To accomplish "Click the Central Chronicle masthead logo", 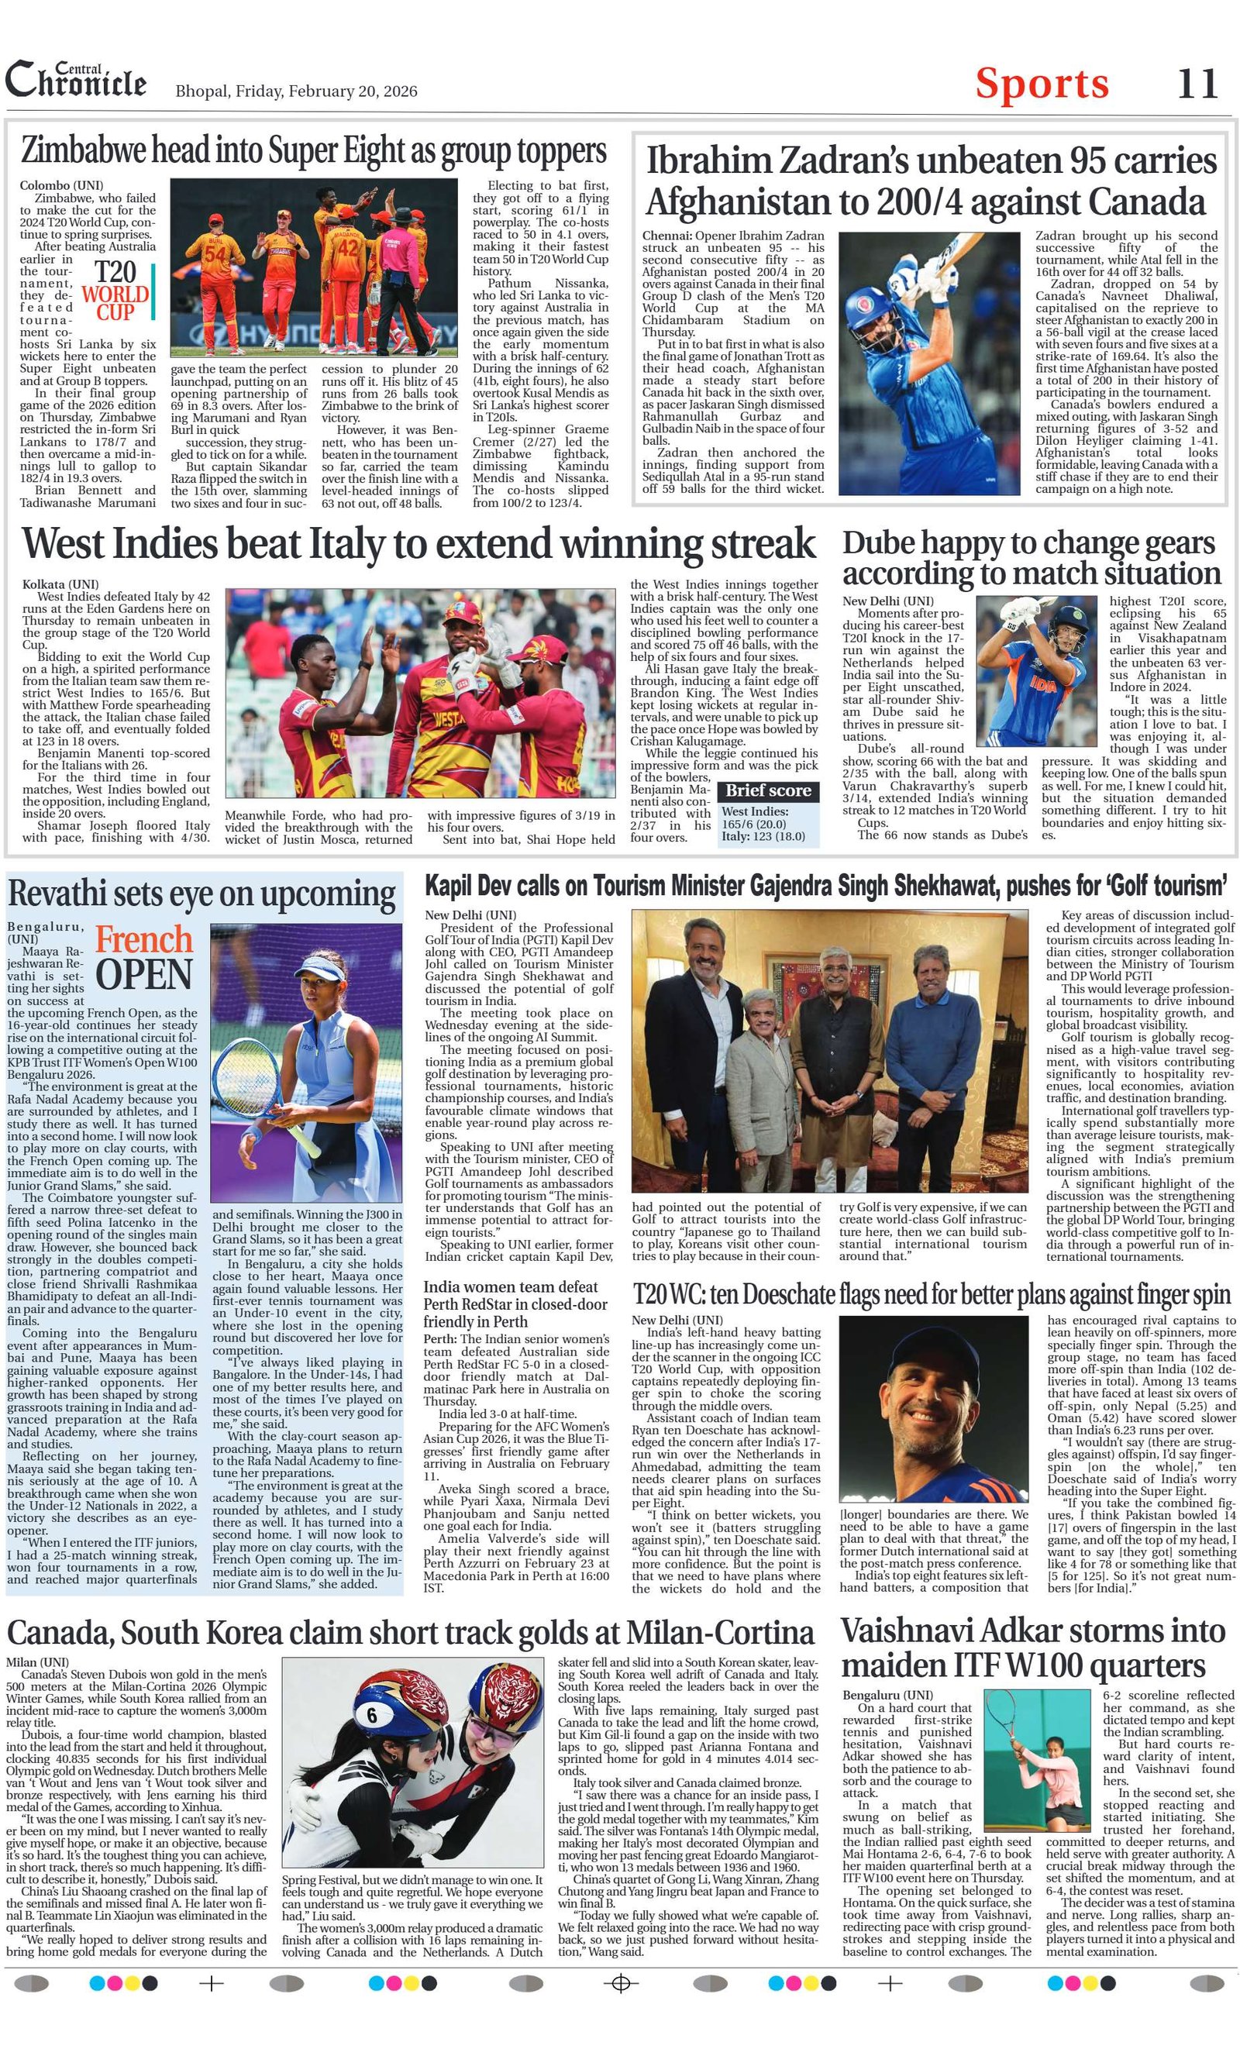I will click(76, 81).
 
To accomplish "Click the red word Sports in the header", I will click(1042, 83).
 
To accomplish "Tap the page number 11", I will click(1197, 84).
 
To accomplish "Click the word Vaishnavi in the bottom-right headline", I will click(906, 1630).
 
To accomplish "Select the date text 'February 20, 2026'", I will click(353, 91).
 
